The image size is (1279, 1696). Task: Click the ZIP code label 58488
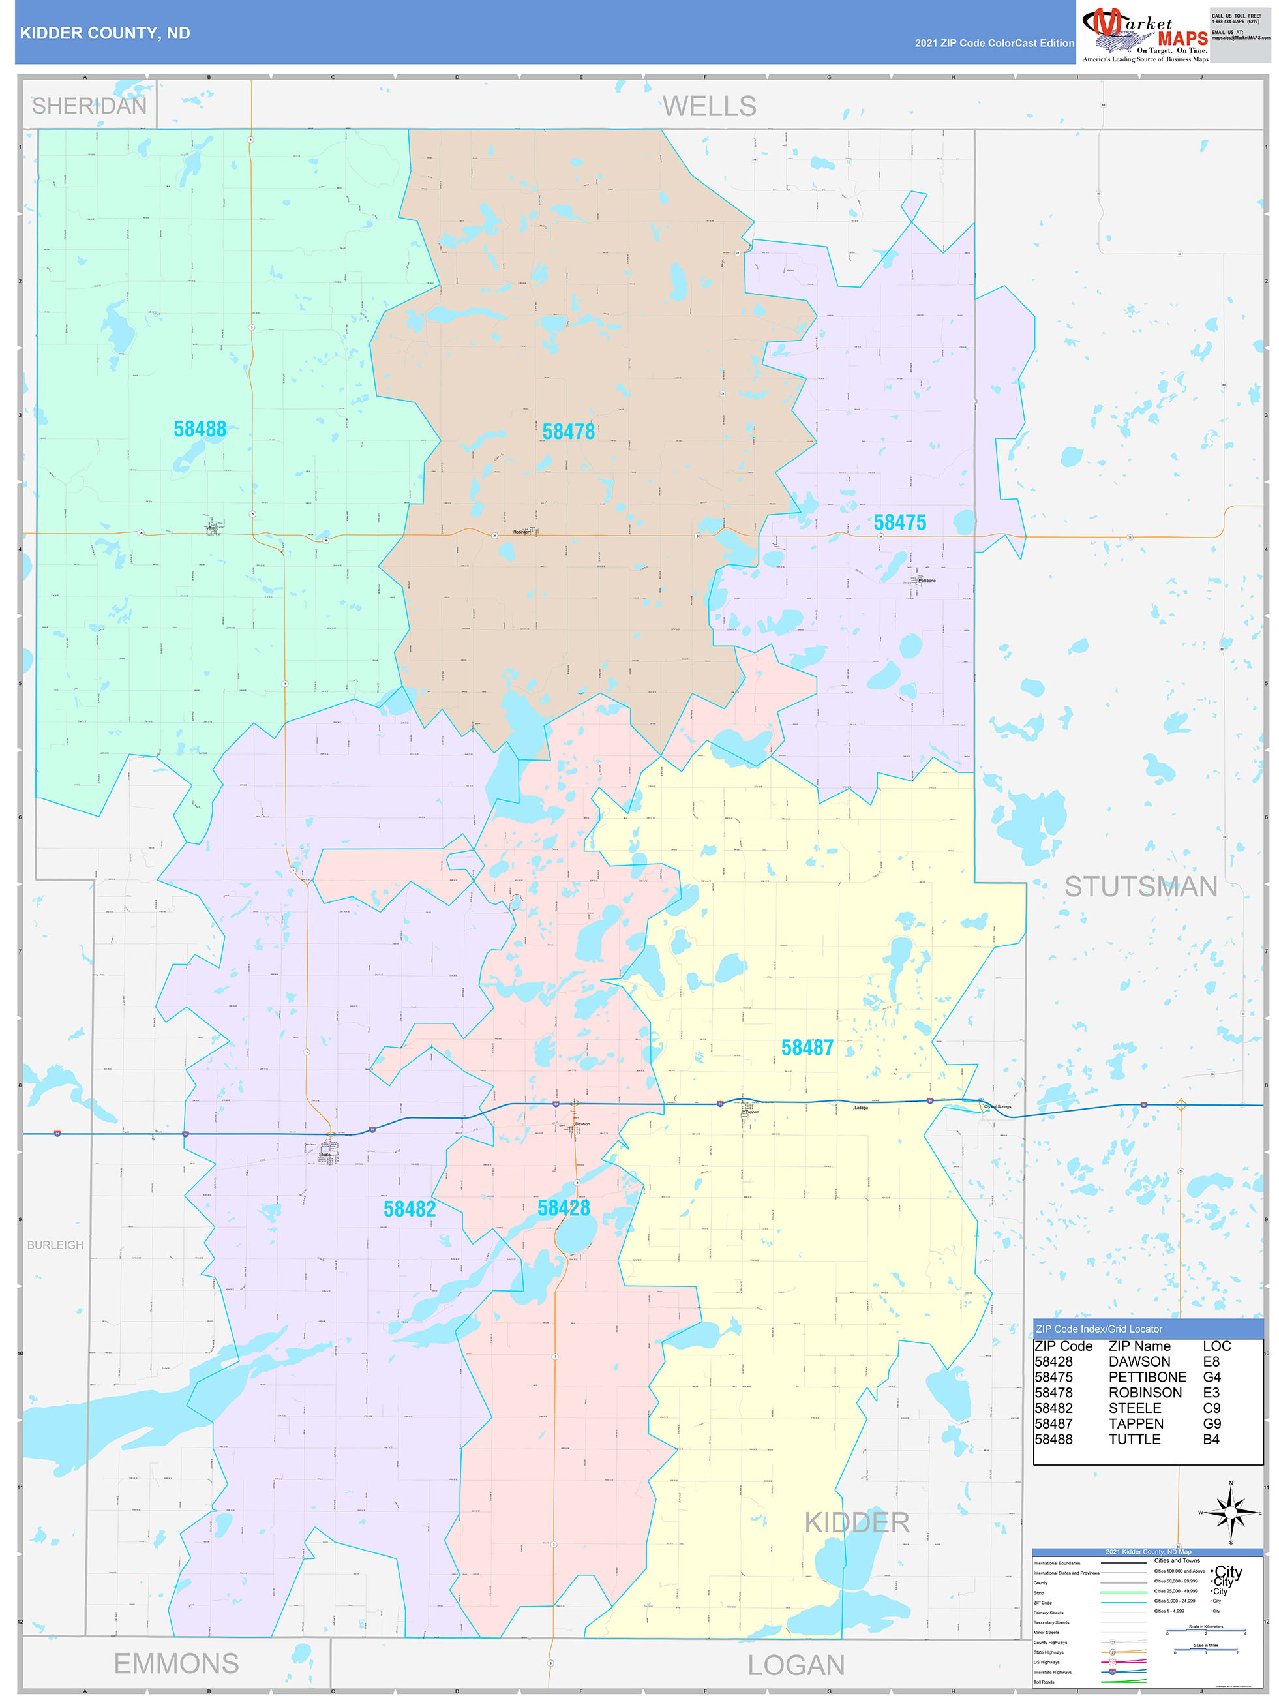[200, 429]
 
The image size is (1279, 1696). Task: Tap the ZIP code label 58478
[568, 432]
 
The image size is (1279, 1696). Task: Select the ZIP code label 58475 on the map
[899, 523]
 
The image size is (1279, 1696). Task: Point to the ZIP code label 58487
[807, 1048]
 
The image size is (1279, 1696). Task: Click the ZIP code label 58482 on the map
[410, 1209]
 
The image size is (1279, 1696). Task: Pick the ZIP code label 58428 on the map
[564, 1207]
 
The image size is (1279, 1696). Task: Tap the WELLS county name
[709, 106]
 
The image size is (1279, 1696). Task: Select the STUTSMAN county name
[1140, 886]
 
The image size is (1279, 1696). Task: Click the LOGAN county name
[796, 1665]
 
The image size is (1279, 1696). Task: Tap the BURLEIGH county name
[55, 1245]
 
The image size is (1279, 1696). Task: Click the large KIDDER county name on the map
[856, 1522]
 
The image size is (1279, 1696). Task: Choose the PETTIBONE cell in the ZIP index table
[1147, 1377]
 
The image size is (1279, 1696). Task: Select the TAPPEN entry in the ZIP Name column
[1136, 1424]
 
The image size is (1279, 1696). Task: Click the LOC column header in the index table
[1216, 1346]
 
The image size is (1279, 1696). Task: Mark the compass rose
[1230, 1513]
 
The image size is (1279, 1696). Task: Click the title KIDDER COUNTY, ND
[105, 33]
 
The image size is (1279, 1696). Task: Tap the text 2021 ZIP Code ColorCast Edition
[994, 43]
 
